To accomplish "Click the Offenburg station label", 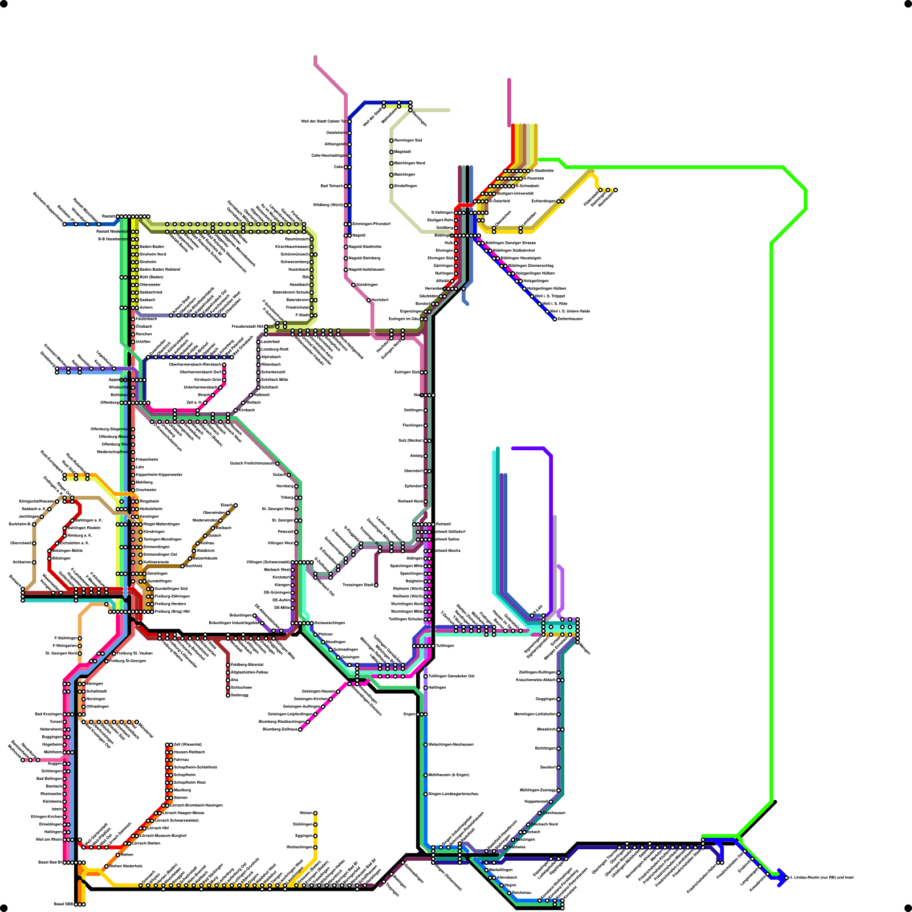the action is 109,402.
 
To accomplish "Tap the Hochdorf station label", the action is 380,300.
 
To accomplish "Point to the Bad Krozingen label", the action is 48,714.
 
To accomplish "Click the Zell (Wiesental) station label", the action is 188,744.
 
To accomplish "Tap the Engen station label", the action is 409,714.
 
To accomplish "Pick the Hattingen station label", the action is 438,687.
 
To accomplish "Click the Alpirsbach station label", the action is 271,357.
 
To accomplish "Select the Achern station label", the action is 146,307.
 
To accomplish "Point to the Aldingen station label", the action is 414,558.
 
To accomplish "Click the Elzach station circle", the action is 235,505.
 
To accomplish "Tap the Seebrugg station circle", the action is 228,695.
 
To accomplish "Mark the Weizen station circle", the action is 315,813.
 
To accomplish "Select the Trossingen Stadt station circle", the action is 376,585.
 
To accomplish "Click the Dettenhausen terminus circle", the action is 555,319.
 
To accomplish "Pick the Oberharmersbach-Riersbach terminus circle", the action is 224,364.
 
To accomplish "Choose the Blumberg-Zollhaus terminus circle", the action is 300,729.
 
